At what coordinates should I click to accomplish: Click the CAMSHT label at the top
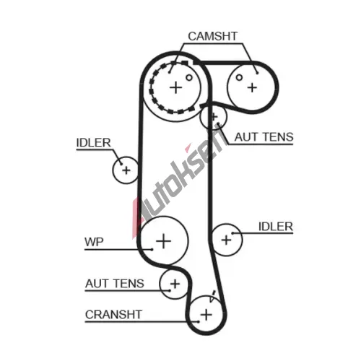[x=213, y=36]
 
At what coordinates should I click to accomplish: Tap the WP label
[x=94, y=242]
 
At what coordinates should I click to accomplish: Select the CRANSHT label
[x=113, y=314]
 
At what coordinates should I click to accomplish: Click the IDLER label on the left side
[x=94, y=143]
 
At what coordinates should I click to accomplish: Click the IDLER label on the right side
[x=276, y=227]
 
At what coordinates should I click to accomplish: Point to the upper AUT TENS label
[x=264, y=137]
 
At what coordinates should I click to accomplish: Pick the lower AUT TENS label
[x=115, y=283]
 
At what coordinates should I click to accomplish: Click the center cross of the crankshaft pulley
[x=206, y=315]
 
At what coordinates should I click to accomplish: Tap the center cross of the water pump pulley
[x=164, y=241]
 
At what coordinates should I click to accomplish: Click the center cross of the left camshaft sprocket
[x=176, y=87]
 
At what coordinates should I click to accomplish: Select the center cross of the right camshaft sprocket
[x=252, y=87]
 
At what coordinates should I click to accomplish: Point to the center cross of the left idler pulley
[x=126, y=170]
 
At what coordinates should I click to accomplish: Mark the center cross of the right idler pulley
[x=226, y=240]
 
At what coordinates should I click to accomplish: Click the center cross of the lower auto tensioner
[x=175, y=284]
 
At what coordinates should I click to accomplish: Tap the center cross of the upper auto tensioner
[x=214, y=117]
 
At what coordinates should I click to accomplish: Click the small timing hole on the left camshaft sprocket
[x=189, y=77]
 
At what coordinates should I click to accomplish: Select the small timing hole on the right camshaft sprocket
[x=239, y=77]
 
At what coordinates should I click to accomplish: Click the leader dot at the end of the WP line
[x=152, y=250]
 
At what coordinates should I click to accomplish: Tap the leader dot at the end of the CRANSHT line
[x=199, y=321]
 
